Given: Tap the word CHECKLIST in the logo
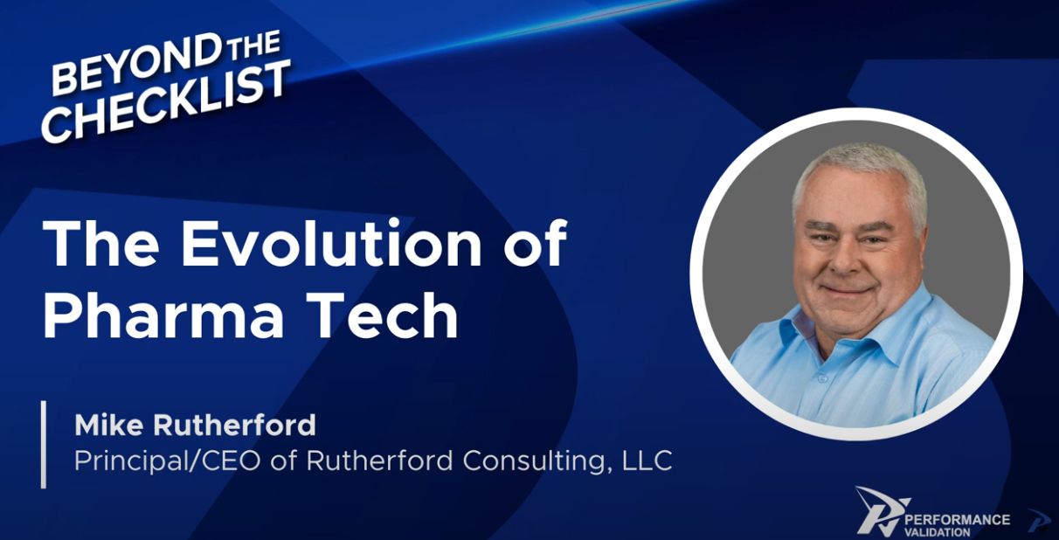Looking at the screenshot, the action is coord(165,101).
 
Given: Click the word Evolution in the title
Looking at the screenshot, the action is coord(330,244).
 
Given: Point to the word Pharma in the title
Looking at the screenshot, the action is coord(163,315).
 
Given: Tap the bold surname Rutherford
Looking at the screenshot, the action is coord(234,424).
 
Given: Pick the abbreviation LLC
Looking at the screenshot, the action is coord(647,460).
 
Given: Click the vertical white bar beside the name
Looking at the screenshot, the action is coord(44,445).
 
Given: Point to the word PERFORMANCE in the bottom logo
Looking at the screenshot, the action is coord(957,520).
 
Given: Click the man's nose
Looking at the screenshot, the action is coord(848,259).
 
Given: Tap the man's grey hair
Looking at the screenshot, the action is coord(858,175).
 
